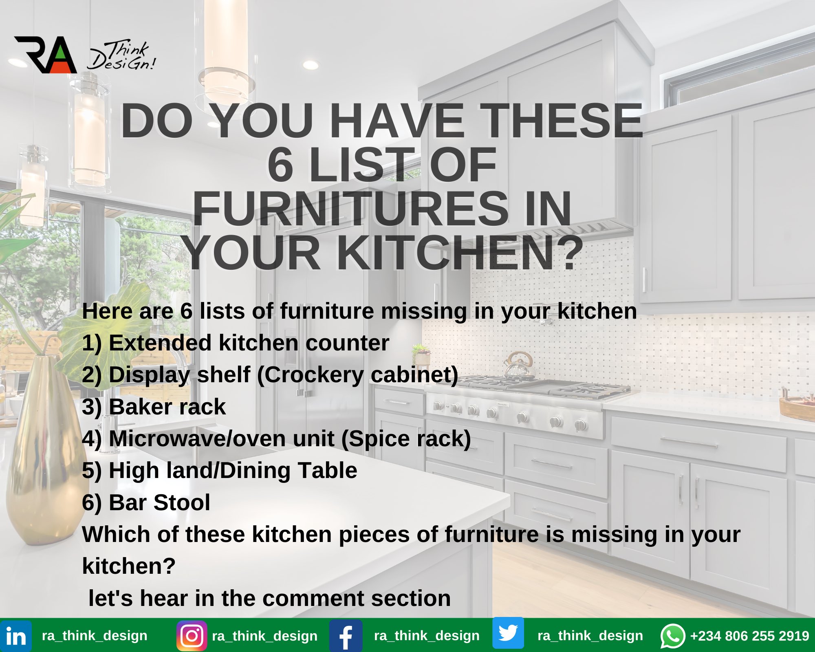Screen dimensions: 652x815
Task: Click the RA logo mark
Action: pyautogui.click(x=46, y=55)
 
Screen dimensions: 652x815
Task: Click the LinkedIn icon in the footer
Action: pyautogui.click(x=16, y=636)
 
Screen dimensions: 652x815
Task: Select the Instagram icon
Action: pyautogui.click(x=192, y=636)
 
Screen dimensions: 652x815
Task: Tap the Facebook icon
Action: pyautogui.click(x=346, y=636)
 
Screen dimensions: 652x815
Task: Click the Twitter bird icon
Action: pyautogui.click(x=508, y=633)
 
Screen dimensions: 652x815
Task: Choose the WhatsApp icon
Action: pyautogui.click(x=672, y=636)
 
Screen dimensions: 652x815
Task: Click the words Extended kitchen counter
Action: pyautogui.click(x=249, y=343)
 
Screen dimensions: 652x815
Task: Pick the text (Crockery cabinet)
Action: pyautogui.click(x=358, y=375)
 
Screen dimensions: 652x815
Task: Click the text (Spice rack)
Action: pyautogui.click(x=406, y=438)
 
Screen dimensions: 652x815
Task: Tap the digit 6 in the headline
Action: pyautogui.click(x=281, y=165)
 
